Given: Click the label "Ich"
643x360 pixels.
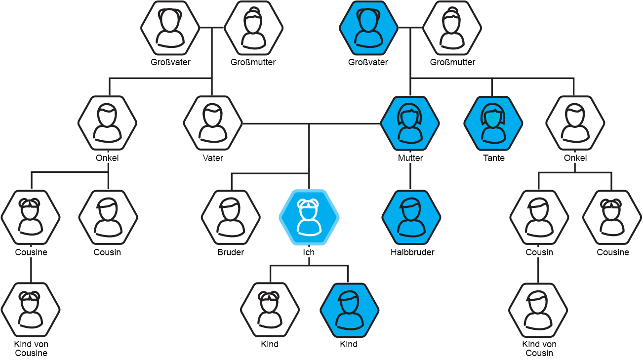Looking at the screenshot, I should (309, 252).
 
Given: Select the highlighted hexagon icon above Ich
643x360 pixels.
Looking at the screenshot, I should (309, 218).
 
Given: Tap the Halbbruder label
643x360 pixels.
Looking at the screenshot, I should (412, 252).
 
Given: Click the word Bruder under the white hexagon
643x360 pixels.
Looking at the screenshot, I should (231, 252).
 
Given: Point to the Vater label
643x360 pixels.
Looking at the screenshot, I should (213, 158).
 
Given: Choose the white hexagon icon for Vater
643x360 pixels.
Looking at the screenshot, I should (213, 122).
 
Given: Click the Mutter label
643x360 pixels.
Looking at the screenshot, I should (410, 158).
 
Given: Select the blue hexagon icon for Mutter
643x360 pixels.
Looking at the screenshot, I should (410, 122).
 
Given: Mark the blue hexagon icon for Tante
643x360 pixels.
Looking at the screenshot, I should (493, 122).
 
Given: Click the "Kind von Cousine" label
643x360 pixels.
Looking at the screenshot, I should (31, 349).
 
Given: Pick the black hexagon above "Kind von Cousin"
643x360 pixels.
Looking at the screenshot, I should (538, 310).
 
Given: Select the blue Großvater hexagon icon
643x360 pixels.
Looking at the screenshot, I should (368, 28).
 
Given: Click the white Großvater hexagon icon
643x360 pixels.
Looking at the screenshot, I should (170, 28).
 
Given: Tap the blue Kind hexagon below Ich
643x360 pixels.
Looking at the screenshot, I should (349, 310).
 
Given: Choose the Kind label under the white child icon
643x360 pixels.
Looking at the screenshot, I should (270, 344).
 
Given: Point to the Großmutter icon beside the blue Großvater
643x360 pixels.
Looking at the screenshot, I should (452, 28).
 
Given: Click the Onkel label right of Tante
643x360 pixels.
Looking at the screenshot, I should (575, 158).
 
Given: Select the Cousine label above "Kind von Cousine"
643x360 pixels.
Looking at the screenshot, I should (31, 252).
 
